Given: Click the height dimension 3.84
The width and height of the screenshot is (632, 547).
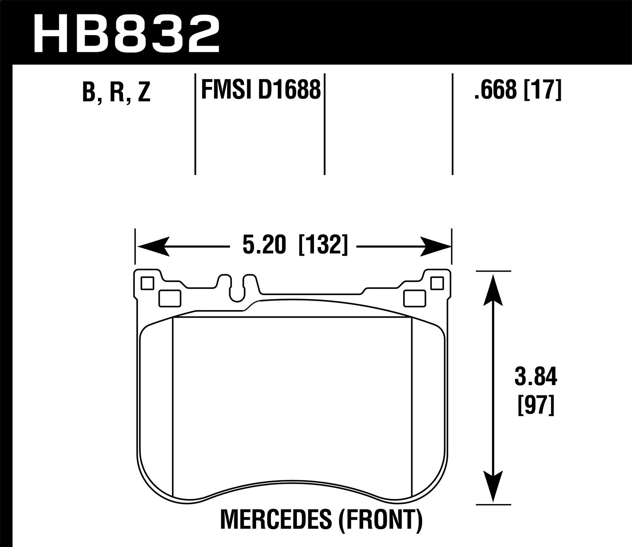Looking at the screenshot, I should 536,378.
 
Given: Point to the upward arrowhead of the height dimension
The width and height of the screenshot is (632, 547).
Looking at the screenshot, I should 493,288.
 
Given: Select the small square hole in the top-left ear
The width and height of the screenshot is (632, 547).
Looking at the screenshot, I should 147,283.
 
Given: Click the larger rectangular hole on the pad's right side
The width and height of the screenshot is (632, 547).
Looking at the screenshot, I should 414,298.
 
